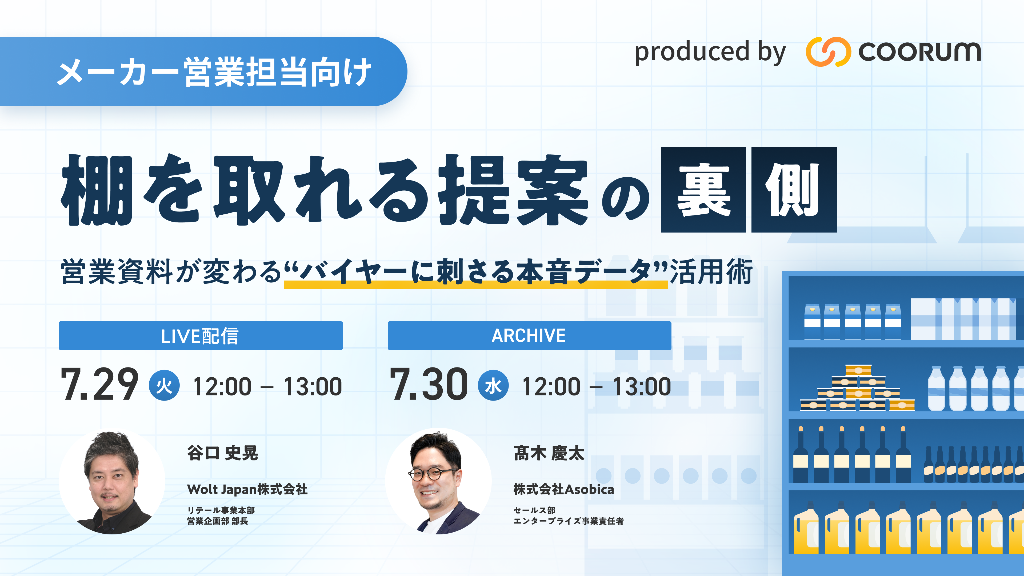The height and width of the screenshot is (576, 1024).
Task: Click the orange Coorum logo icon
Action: pos(828,52)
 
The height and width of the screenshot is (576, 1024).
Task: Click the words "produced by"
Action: pos(710,52)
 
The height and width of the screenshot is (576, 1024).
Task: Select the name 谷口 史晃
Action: pos(223,453)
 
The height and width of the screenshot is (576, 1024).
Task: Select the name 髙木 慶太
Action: pos(549,453)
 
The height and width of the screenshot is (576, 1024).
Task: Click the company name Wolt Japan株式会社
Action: pos(247,489)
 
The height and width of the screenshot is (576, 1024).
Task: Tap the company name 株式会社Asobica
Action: pos(564,489)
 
